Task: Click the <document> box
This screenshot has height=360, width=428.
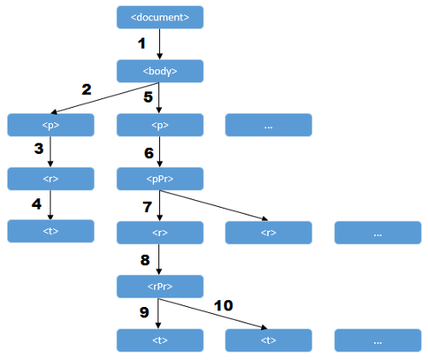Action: pyautogui.click(x=160, y=17)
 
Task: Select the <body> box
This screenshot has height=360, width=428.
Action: pyautogui.click(x=160, y=71)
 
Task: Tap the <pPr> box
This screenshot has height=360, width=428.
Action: pyautogui.click(x=160, y=179)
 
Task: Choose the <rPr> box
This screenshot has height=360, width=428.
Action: pyautogui.click(x=160, y=286)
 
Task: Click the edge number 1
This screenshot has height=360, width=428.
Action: pyautogui.click(x=141, y=44)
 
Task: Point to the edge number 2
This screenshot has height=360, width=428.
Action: pyautogui.click(x=86, y=90)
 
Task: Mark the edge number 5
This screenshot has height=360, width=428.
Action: pyautogui.click(x=148, y=97)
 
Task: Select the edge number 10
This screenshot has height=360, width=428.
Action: pyautogui.click(x=223, y=305)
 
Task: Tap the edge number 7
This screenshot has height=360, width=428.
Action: pyautogui.click(x=147, y=207)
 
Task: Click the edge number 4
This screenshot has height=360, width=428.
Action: pyautogui.click(x=37, y=204)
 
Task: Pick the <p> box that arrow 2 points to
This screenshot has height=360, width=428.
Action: pyautogui.click(x=51, y=125)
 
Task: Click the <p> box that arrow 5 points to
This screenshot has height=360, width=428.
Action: pyautogui.click(x=160, y=125)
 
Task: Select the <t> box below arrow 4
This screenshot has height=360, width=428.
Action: pyautogui.click(x=51, y=231)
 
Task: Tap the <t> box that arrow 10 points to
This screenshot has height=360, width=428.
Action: pyautogui.click(x=269, y=340)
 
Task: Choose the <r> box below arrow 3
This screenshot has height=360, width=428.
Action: pyautogui.click(x=51, y=179)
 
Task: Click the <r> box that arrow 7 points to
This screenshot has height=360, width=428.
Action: pyautogui.click(x=160, y=233)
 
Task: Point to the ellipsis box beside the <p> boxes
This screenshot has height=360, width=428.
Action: pyautogui.click(x=269, y=125)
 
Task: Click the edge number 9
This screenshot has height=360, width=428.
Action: pyautogui.click(x=145, y=312)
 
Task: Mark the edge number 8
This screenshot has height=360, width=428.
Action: pyautogui.click(x=145, y=260)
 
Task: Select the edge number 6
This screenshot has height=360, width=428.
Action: pyautogui.click(x=149, y=153)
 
